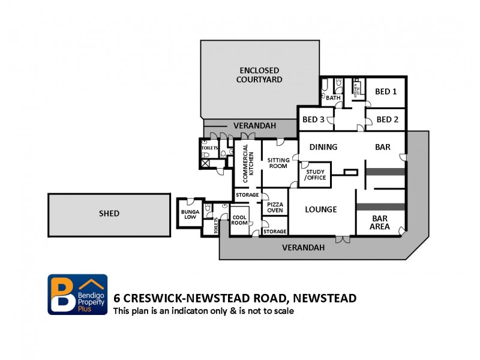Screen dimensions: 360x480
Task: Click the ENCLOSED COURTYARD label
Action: point(259,75)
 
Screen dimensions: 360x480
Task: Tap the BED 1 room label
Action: point(386,92)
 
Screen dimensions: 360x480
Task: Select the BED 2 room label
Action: point(387,119)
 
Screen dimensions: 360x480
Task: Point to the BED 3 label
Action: point(313,119)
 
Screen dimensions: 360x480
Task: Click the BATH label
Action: point(333,98)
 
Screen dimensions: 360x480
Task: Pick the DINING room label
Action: point(323,146)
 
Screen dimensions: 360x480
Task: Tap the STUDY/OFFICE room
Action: point(316,174)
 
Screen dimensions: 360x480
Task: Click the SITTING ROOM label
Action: point(278,163)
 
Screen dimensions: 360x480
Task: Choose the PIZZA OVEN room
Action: point(275,207)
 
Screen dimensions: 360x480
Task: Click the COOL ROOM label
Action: point(239,219)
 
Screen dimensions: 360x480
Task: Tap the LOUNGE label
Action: point(320,209)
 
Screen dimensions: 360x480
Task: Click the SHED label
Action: point(109,213)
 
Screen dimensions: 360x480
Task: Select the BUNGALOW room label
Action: point(189,215)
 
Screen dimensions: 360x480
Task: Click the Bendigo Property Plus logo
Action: point(77,295)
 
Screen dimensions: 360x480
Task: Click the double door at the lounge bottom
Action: point(343,239)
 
